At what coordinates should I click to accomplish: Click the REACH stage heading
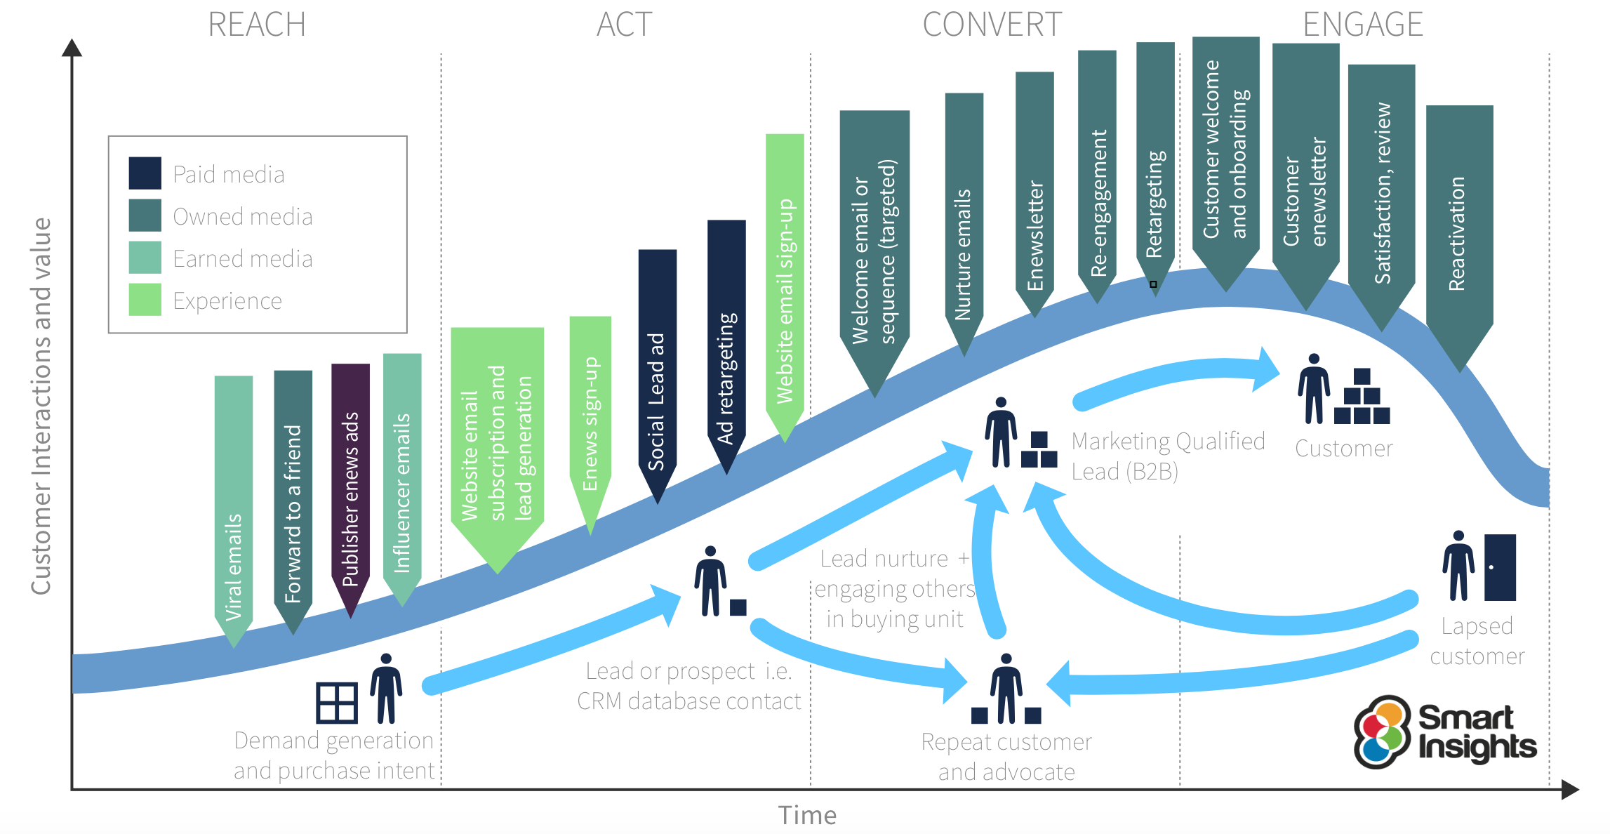point(257,25)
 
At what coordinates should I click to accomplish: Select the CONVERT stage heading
point(992,25)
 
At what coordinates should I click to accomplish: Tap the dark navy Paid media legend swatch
point(145,173)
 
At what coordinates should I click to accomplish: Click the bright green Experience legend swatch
point(145,300)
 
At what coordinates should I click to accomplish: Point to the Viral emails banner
point(234,505)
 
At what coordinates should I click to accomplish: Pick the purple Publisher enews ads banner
point(350,484)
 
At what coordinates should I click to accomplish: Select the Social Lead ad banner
point(657,372)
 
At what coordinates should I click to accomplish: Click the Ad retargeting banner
point(726,344)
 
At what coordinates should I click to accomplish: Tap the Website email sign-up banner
point(785,281)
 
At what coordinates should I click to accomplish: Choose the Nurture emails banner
point(964,218)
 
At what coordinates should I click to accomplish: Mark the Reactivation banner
point(1459,232)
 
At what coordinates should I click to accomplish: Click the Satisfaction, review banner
point(1381,190)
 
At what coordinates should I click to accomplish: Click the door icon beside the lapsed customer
point(1500,567)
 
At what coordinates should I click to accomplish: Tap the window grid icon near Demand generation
point(337,703)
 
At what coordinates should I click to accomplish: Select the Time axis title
point(807,816)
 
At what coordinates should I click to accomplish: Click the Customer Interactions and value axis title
point(41,406)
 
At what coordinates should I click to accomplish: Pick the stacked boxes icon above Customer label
point(1362,397)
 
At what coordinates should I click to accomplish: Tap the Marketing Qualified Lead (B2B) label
point(1167,456)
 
